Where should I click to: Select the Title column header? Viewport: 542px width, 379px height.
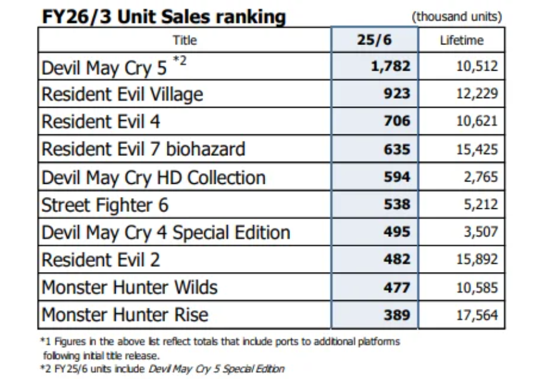tap(184, 40)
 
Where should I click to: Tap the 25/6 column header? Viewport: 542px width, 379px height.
tap(374, 40)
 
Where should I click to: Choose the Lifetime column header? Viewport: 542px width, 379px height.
tap(461, 40)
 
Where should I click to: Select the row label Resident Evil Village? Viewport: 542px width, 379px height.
tap(122, 94)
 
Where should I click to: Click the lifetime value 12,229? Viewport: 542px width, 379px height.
tap(477, 94)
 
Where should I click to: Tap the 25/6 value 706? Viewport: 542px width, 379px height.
tap(397, 122)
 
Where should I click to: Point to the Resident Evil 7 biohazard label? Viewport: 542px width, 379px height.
tap(143, 149)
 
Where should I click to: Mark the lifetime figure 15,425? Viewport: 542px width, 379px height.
tap(477, 149)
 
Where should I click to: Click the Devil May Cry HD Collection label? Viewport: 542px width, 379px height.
tap(153, 177)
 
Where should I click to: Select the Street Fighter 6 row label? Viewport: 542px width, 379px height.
tap(105, 205)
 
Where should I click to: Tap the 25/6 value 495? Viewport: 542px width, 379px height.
tap(397, 232)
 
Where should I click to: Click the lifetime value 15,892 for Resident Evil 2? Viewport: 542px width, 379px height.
tap(477, 260)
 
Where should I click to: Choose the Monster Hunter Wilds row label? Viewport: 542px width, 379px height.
tap(129, 287)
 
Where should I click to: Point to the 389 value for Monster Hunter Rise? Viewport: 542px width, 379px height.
tap(397, 315)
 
